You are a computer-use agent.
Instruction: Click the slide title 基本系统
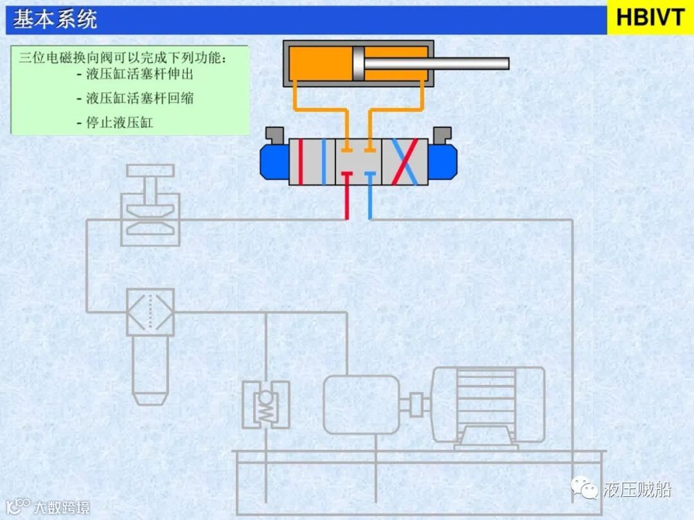[55, 19]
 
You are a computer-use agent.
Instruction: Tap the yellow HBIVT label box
[650, 18]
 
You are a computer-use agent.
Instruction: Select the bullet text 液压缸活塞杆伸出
[139, 74]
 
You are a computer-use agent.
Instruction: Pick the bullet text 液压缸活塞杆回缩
[139, 98]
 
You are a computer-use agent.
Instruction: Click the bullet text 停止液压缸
[120, 122]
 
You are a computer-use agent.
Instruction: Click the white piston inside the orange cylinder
[358, 63]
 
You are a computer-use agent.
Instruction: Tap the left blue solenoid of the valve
[274, 161]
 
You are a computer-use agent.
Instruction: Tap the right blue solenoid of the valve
[442, 161]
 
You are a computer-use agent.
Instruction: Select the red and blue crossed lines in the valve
[404, 161]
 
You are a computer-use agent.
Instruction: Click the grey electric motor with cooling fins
[488, 405]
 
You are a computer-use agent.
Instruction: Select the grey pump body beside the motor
[360, 404]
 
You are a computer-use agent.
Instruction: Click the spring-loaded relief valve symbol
[265, 404]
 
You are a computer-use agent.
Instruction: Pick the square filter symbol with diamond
[150, 312]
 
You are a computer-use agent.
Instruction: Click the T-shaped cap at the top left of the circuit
[150, 172]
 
